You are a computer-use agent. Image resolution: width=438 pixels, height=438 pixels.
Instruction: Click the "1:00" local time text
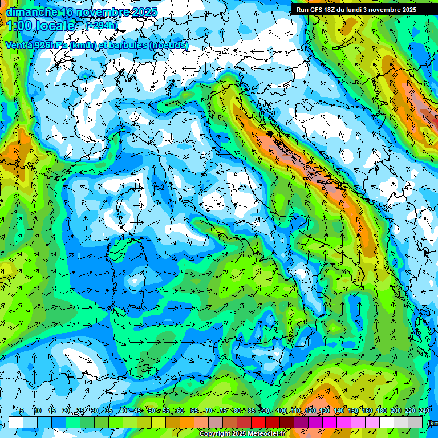click(19, 26)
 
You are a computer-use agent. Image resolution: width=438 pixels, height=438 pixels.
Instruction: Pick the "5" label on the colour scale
click(22, 411)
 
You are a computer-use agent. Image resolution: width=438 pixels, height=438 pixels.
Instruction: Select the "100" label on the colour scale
click(282, 411)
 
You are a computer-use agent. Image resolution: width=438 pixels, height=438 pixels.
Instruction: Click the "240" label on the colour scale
click(424, 411)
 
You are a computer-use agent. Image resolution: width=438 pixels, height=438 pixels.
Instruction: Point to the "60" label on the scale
click(180, 411)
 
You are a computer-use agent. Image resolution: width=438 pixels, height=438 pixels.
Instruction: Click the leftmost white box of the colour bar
click(16, 422)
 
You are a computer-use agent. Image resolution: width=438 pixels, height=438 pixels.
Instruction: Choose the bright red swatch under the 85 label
click(258, 422)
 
